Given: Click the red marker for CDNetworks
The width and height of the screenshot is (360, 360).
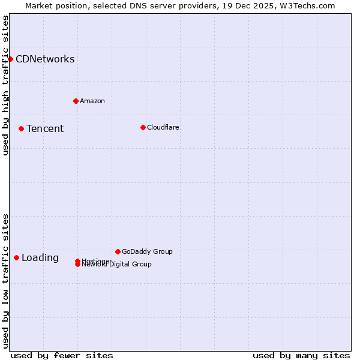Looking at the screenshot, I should [x=10, y=59].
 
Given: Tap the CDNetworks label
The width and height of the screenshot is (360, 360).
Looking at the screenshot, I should [x=45, y=59].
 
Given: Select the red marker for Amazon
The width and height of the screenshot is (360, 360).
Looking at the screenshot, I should [x=76, y=101].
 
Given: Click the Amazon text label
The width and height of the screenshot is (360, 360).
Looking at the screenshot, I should [x=92, y=101].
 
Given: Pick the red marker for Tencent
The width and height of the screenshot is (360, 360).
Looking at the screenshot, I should [x=21, y=128].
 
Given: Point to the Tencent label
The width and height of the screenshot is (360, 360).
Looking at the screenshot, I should [x=45, y=128].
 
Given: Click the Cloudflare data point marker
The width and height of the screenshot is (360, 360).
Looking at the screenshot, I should [x=143, y=127].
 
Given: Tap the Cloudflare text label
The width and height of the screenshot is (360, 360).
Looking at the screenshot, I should [x=163, y=127].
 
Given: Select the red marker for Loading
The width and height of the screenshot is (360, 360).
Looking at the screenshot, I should [x=16, y=257].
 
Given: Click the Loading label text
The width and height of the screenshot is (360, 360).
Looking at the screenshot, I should [x=40, y=258].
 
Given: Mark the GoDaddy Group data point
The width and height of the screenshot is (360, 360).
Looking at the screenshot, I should [x=118, y=251].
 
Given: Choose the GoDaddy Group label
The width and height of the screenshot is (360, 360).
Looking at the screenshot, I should [x=147, y=251].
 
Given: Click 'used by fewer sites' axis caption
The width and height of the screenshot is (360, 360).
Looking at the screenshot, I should [x=62, y=355].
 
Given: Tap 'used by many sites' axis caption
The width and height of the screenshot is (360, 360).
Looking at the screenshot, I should [x=301, y=355].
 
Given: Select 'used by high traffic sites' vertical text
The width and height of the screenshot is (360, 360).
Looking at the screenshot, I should [x=5, y=85].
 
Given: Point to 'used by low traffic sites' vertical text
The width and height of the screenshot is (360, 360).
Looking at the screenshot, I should [x=5, y=281].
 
